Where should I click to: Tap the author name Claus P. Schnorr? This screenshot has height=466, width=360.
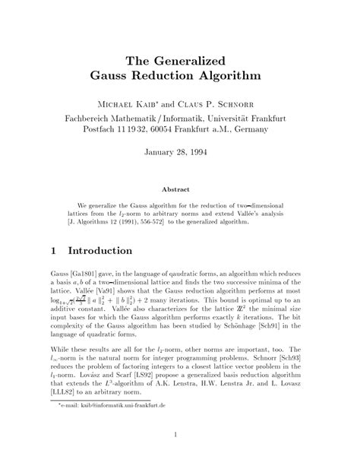pos(225,103)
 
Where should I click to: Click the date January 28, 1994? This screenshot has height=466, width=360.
pos(179,152)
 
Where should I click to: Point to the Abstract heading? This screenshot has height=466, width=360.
pos(179,189)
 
